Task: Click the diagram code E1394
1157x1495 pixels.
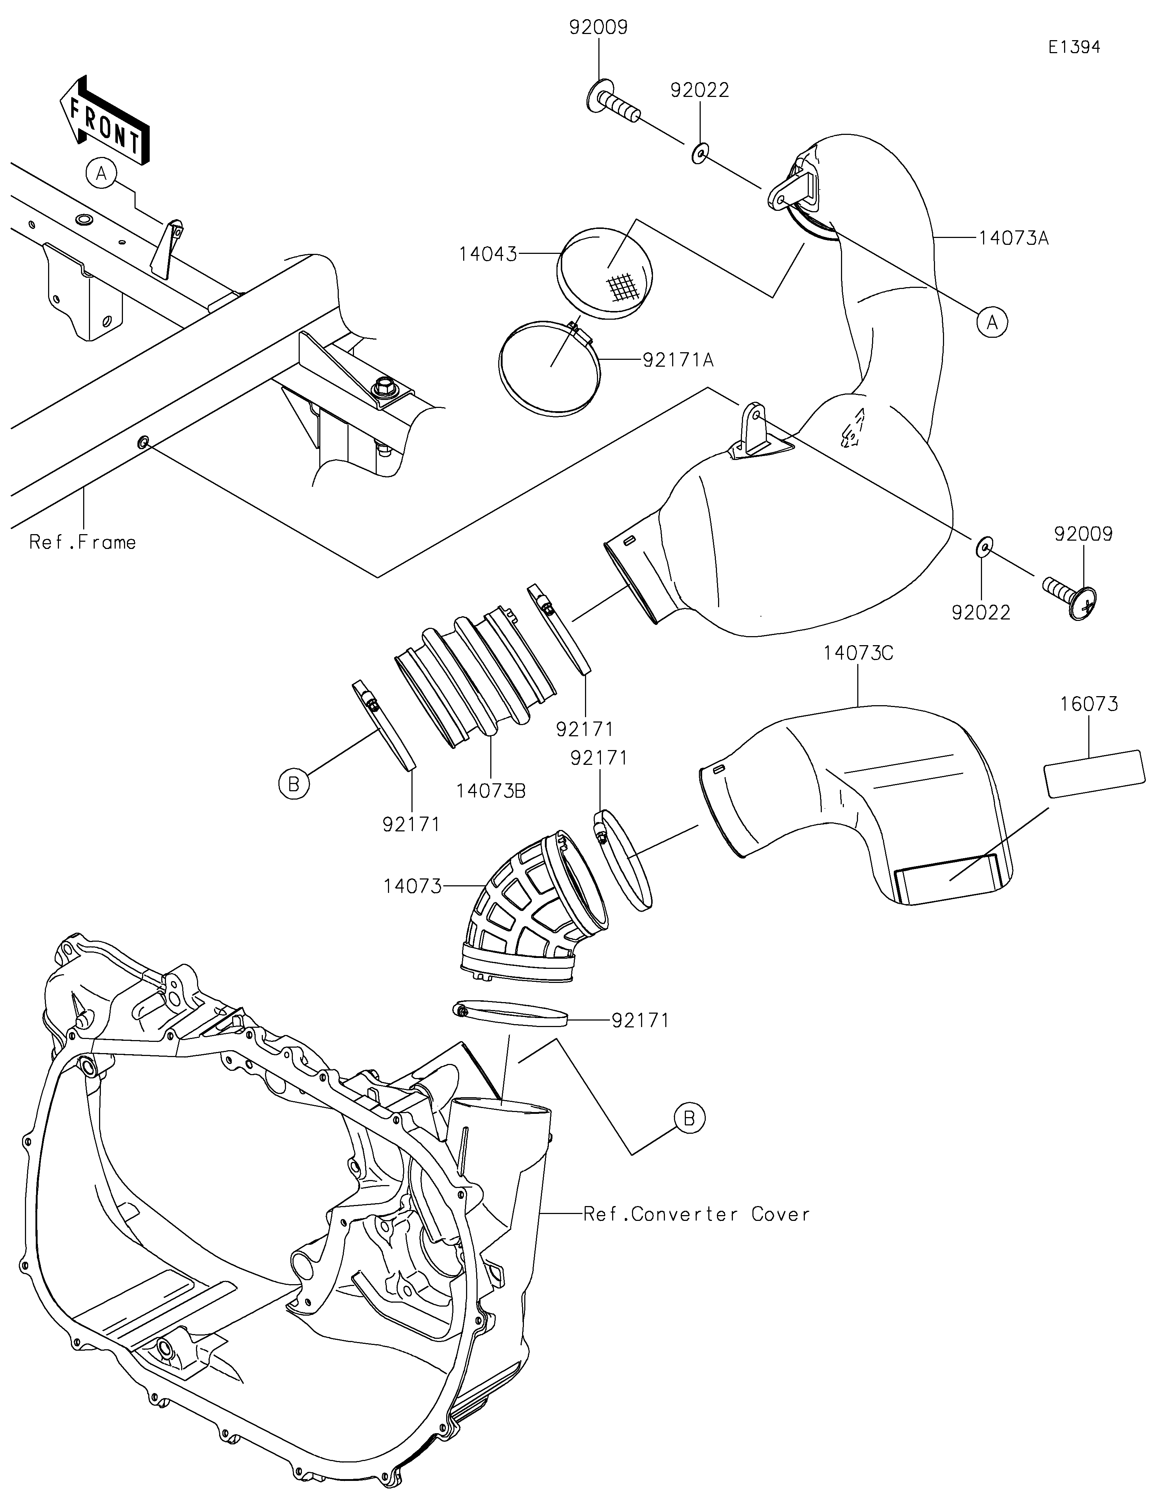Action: coord(1074,47)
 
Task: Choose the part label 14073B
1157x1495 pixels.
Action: coord(491,791)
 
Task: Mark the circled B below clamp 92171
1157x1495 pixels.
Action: coord(294,784)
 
